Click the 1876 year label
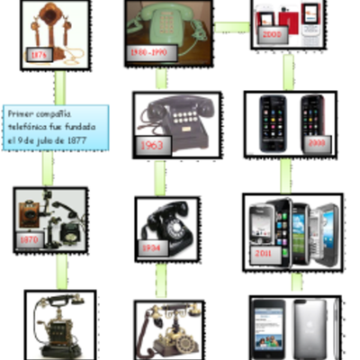(x=40, y=54)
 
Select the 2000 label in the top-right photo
(x=272, y=35)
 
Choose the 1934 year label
(x=151, y=246)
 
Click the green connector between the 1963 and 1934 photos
(x=160, y=176)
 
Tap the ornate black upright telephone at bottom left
(x=56, y=326)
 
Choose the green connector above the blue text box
(x=60, y=87)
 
